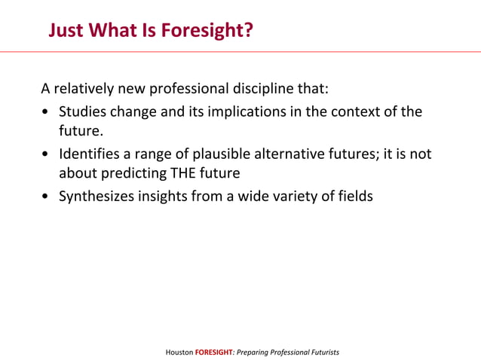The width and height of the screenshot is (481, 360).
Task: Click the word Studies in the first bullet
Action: pyautogui.click(x=83, y=112)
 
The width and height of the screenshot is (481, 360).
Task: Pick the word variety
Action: pyautogui.click(x=301, y=197)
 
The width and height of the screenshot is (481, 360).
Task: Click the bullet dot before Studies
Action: pyautogui.click(x=47, y=113)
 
